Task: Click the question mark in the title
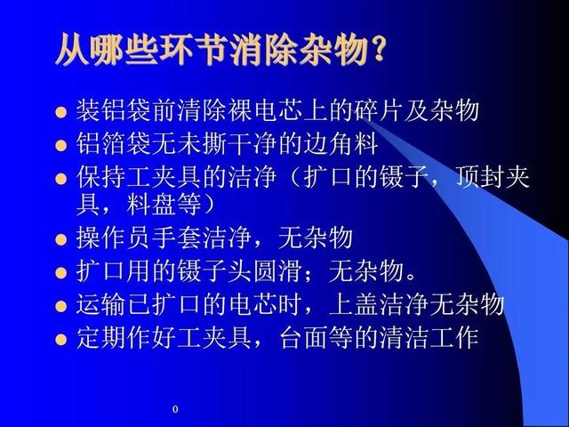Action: [x=376, y=49]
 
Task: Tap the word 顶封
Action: [x=480, y=177]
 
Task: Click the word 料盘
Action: [x=151, y=205]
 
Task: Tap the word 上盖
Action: [x=354, y=304]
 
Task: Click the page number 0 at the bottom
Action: [x=175, y=409]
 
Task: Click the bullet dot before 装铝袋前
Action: [x=61, y=112]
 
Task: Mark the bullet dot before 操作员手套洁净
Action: [x=61, y=239]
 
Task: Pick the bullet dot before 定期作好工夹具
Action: [x=61, y=340]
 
